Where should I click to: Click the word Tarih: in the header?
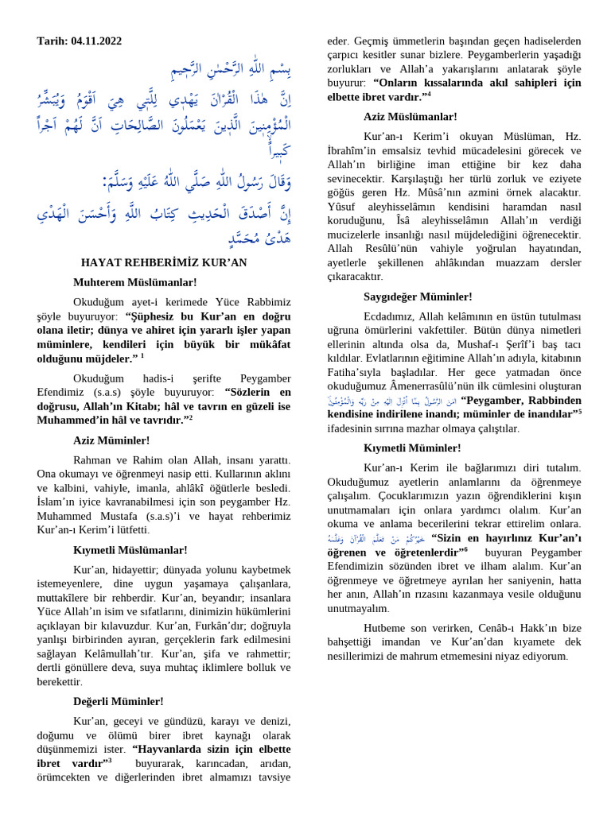[53, 41]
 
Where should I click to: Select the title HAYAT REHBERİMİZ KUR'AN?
[164, 262]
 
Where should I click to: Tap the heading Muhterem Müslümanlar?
[134, 282]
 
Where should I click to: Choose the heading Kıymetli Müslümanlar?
[130, 549]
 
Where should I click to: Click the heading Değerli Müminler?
[119, 701]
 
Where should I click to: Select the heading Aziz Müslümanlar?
[411, 116]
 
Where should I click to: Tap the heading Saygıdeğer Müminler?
[418, 297]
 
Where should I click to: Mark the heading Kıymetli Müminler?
[411, 448]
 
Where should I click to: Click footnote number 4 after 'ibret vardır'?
[428, 95]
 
